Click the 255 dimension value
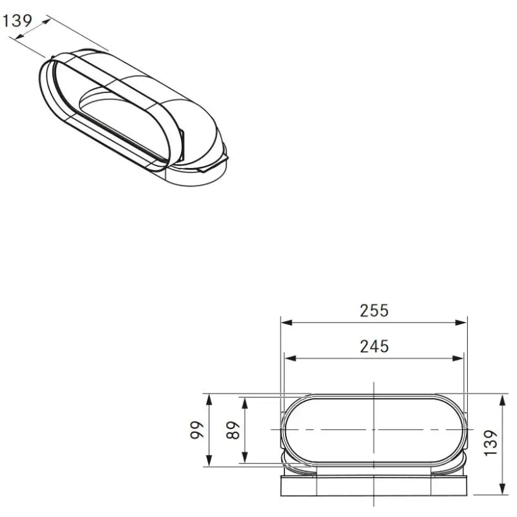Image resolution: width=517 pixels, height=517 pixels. [374, 311]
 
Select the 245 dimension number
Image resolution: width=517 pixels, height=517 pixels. [374, 346]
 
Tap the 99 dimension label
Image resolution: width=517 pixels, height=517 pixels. [197, 430]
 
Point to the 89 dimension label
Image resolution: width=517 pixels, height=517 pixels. [233, 430]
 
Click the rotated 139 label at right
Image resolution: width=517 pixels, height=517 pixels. [491, 443]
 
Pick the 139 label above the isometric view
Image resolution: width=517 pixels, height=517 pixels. [17, 21]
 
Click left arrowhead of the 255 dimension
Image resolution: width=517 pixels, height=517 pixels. [287, 322]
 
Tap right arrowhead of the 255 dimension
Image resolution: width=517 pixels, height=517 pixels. [461, 322]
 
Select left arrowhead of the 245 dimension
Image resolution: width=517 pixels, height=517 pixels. [290, 359]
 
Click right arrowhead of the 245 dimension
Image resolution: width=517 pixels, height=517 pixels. [458, 359]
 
